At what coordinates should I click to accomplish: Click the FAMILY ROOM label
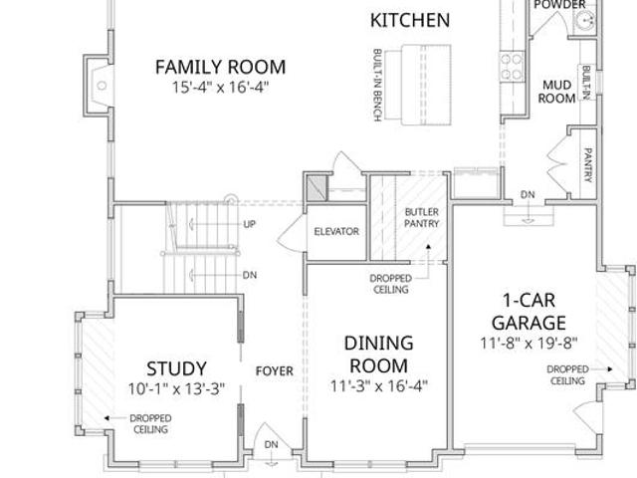point(221,67)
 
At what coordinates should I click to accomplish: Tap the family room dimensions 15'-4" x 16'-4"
point(221,87)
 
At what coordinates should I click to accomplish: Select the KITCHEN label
point(410,20)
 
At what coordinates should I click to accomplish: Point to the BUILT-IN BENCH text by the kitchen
point(377,85)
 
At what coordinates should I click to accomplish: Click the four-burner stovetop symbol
point(511,67)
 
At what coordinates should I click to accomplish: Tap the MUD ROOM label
point(556,92)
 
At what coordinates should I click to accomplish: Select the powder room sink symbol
point(584,19)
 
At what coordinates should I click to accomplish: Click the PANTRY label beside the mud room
point(588,165)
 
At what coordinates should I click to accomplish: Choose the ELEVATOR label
point(336,231)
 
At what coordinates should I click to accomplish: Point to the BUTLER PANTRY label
point(422,218)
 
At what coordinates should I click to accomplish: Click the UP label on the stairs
point(250,224)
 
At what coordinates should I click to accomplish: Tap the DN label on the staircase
point(250,275)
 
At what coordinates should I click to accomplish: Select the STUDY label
point(176,368)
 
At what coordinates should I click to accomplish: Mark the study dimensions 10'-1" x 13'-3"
point(176,389)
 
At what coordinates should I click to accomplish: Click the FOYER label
point(275,371)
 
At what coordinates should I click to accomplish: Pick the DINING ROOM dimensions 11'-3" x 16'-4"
point(378,385)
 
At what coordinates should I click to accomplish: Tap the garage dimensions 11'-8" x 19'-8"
point(529,343)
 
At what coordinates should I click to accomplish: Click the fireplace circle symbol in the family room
point(102,86)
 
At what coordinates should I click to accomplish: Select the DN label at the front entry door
point(271,445)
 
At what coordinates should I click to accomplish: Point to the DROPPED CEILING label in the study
point(150,423)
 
